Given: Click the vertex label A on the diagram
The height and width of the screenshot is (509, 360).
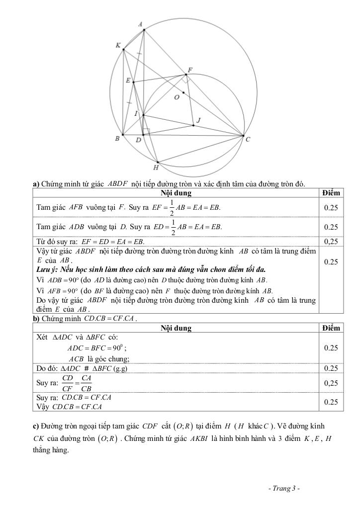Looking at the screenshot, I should [x=140, y=24].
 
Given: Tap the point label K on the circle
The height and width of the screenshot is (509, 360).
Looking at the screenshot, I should [x=118, y=45].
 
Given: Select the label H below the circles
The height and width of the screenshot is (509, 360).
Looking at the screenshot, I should [x=155, y=168].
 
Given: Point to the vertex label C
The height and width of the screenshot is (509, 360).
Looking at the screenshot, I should [x=248, y=140].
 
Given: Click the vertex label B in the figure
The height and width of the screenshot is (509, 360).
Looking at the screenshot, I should [x=117, y=139].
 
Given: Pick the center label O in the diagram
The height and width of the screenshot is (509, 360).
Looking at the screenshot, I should [x=177, y=97].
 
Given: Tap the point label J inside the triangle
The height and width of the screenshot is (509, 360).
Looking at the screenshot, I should [x=198, y=120].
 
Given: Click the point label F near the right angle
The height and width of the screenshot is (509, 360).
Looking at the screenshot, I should [x=190, y=70].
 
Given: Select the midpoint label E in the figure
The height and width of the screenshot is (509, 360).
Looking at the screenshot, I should [x=128, y=81].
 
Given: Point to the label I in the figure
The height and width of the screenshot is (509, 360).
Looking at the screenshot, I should [x=137, y=114].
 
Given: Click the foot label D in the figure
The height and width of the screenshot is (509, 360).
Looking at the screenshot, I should [x=138, y=141].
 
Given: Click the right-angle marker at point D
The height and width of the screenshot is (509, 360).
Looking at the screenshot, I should [x=146, y=132].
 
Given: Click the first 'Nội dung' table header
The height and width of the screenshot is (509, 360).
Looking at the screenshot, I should [x=176, y=193].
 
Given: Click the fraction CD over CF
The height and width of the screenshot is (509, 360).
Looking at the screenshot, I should [x=68, y=383].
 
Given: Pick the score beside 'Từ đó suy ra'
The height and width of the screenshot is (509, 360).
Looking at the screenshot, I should [x=331, y=242].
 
